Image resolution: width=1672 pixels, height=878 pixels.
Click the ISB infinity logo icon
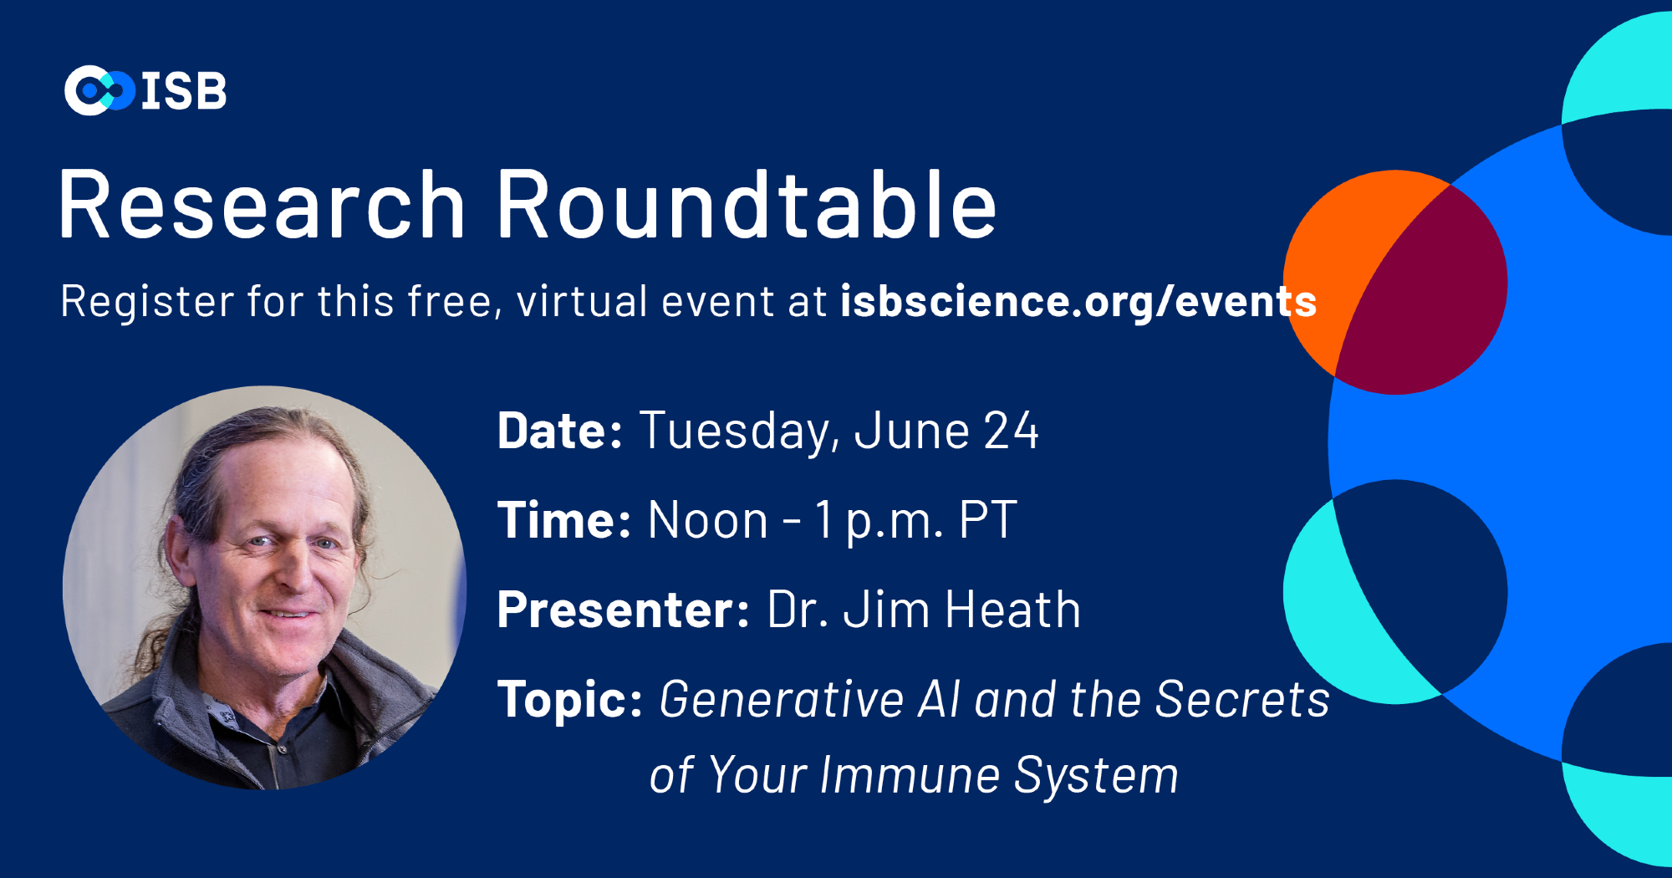pyautogui.click(x=99, y=90)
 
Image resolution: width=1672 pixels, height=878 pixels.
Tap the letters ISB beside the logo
pyautogui.click(x=184, y=90)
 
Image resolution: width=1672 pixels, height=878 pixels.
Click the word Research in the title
pyautogui.click(x=262, y=205)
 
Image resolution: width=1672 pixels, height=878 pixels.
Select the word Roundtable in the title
pyautogui.click(x=747, y=205)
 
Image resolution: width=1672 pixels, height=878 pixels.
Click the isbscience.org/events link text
pyautogui.click(x=1078, y=302)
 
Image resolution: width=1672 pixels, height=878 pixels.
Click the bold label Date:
pyautogui.click(x=560, y=431)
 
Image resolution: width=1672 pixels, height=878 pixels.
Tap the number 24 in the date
pyautogui.click(x=1011, y=431)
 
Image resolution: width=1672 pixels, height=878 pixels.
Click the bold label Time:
pyautogui.click(x=564, y=520)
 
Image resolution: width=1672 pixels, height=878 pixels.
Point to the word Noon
pyautogui.click(x=707, y=520)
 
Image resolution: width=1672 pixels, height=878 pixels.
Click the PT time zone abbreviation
pyautogui.click(x=988, y=520)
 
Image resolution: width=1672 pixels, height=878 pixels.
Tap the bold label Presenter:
pyautogui.click(x=624, y=610)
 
